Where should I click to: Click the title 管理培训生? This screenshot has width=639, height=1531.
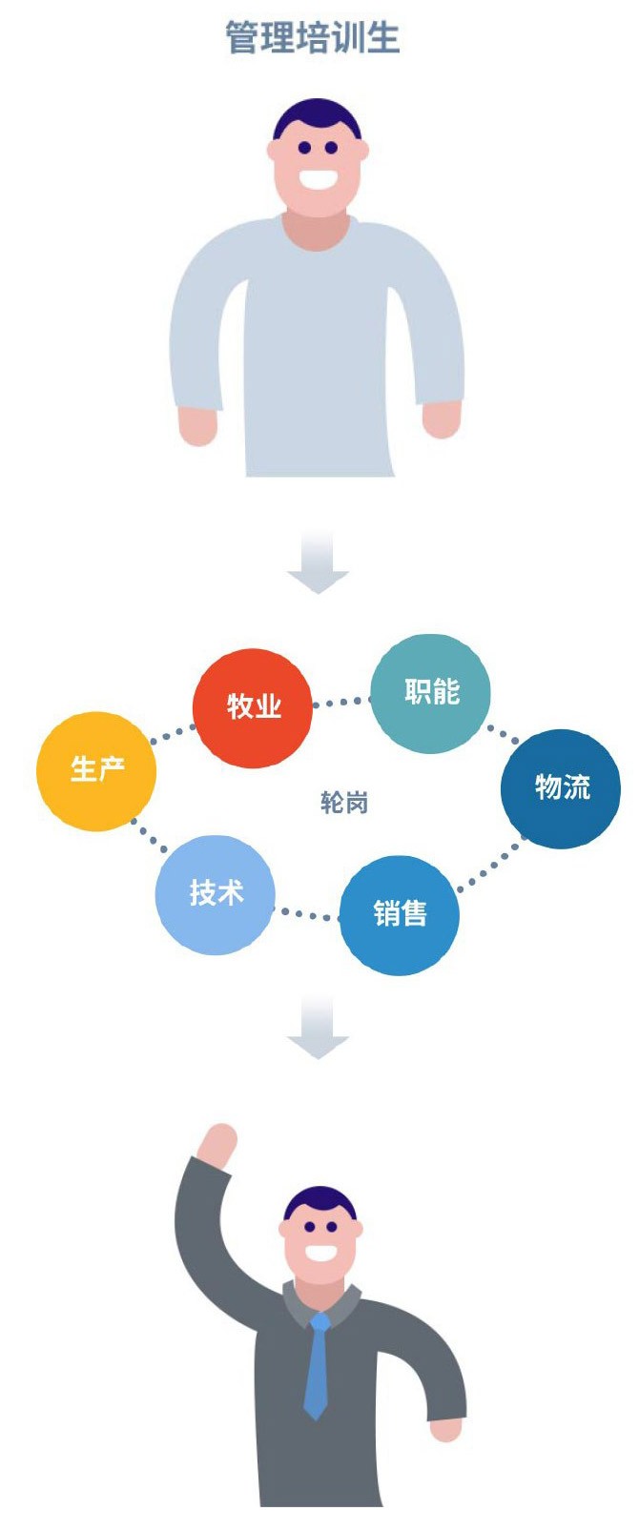click(x=313, y=38)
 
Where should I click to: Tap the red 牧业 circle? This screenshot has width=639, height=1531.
click(x=253, y=707)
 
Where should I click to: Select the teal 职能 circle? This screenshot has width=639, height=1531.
click(x=430, y=692)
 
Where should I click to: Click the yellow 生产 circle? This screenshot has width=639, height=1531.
click(x=96, y=770)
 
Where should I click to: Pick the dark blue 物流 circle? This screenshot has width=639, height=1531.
click(x=561, y=788)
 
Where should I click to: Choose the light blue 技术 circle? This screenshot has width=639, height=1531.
click(x=216, y=894)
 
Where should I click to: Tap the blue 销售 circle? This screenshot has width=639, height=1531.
click(x=400, y=914)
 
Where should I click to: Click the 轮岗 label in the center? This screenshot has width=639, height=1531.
click(x=344, y=803)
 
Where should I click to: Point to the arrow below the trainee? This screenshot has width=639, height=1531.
click(x=319, y=562)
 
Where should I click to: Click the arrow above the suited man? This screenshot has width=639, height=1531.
click(x=319, y=1028)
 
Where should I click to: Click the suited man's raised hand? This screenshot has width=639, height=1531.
click(x=217, y=1144)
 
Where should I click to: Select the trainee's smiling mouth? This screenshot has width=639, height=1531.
click(x=319, y=178)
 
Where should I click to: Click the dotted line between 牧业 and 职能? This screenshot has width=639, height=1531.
click(x=340, y=703)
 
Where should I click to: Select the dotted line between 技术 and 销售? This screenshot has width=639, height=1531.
click(x=307, y=915)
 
